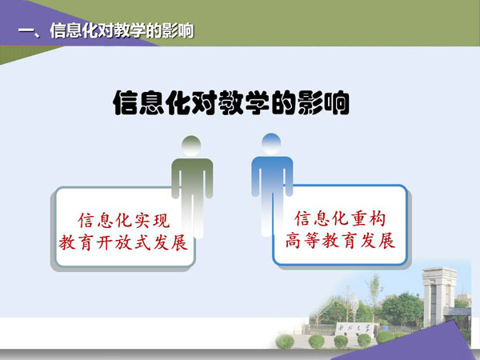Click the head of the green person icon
(191, 146)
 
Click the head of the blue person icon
(271, 144)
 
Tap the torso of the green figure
(192, 178)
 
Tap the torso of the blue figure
(272, 176)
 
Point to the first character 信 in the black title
(126, 102)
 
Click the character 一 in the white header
(26, 30)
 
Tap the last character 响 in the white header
(186, 30)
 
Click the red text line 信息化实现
(124, 221)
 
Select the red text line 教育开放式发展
(123, 242)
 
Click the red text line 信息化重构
(340, 218)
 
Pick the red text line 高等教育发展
(340, 240)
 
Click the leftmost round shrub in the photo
(285, 342)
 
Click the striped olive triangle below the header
(22, 53)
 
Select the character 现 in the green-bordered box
(162, 221)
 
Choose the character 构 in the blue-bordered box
(377, 218)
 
